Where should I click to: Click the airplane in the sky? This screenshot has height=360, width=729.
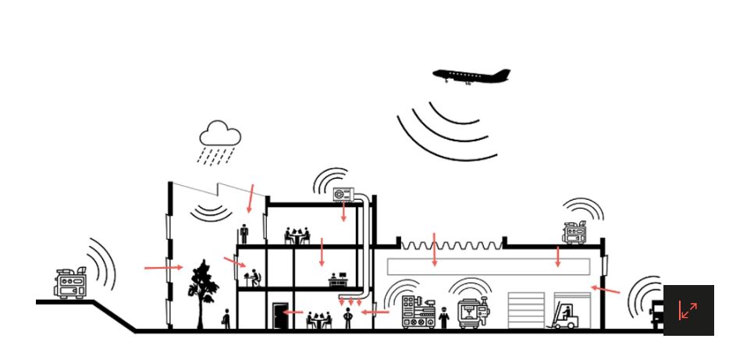[471, 76]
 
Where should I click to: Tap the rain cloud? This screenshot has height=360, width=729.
[220, 134]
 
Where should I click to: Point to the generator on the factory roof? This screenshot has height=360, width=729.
[575, 232]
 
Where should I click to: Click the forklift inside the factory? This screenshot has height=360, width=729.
[566, 316]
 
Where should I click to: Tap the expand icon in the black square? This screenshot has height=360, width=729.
[688, 310]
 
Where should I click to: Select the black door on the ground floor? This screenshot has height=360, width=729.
[279, 315]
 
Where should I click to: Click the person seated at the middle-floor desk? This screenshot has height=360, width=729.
[254, 277]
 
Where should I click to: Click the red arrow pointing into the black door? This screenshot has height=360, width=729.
[293, 312]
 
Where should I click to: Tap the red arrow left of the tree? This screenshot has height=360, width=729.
[163, 268]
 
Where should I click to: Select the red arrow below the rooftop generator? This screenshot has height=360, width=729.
[557, 257]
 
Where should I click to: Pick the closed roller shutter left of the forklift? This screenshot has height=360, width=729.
[526, 311]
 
